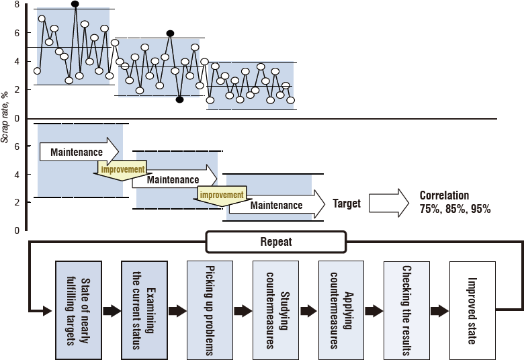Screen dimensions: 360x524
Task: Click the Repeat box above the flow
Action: pyautogui.click(x=276, y=242)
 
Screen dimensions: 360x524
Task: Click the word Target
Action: pyautogui.click(x=347, y=204)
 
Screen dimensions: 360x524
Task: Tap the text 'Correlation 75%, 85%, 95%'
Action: pyautogui.click(x=455, y=202)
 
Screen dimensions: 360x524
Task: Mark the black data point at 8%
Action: pyautogui.click(x=75, y=4)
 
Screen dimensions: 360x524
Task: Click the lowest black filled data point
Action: pyautogui.click(x=179, y=99)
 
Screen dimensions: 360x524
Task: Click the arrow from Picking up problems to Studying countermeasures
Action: pyautogui.click(x=243, y=310)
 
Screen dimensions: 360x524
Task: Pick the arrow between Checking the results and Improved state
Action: pyautogui.click(x=439, y=310)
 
